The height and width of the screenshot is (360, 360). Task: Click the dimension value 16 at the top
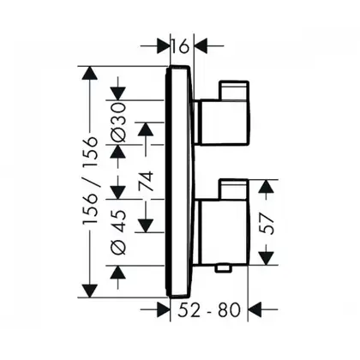[x=181, y=46]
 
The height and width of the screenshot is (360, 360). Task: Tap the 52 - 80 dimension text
[x=209, y=310]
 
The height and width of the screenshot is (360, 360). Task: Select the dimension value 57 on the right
[x=267, y=222]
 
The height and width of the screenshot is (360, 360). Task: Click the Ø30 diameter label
[x=118, y=123]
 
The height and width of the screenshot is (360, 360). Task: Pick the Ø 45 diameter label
[x=118, y=232]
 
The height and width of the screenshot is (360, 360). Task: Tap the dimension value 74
[x=146, y=182]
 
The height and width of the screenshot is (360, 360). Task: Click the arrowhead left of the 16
[x=163, y=45]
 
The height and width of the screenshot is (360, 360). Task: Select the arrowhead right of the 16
[x=201, y=45]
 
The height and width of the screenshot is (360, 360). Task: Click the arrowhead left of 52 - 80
[x=163, y=309]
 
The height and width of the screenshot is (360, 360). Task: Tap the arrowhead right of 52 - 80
[x=255, y=309]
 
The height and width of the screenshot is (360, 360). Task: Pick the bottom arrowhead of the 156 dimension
[x=90, y=291]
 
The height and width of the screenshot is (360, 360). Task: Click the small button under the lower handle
[x=224, y=268]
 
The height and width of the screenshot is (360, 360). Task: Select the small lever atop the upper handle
[x=234, y=91]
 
